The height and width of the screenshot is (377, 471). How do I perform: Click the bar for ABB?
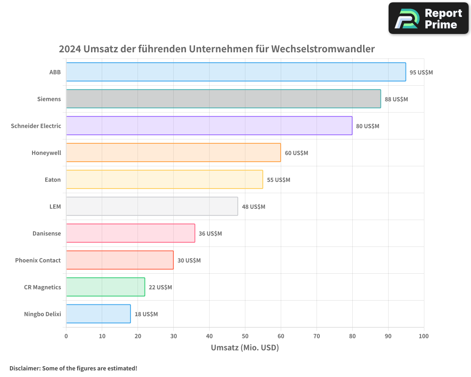point(235,72)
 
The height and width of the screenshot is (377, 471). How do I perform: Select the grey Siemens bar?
point(223,99)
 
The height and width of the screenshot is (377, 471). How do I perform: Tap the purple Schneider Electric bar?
point(209,126)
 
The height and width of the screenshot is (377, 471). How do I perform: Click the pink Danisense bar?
point(130,233)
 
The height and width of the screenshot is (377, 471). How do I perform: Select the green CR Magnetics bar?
point(106,287)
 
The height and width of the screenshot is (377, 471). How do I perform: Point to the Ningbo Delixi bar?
point(98,314)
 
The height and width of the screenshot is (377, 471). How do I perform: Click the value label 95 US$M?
point(421,73)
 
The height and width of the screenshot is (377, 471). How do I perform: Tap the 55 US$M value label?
point(278,180)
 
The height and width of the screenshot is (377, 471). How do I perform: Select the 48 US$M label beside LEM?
point(253,207)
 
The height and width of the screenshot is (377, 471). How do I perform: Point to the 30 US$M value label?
point(189,261)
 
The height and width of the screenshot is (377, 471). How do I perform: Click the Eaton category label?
point(52,180)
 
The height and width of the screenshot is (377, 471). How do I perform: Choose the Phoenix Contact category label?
point(38,260)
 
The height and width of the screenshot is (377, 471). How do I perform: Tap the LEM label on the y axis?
point(55,206)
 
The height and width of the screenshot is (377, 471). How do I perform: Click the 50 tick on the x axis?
point(245,336)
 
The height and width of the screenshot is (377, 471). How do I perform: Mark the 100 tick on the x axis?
point(424,336)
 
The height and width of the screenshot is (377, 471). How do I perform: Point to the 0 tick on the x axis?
point(66,336)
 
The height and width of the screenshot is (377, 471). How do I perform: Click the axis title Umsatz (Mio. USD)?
point(245,348)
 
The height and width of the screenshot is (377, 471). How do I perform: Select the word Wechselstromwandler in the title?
point(324,49)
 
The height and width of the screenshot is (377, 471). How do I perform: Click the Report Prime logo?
point(429,18)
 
